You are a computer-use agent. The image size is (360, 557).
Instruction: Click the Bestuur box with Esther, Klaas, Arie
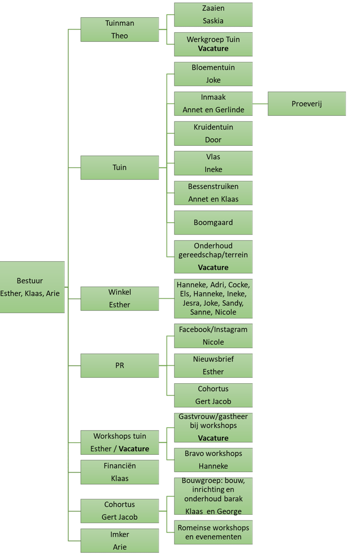coord(32,287)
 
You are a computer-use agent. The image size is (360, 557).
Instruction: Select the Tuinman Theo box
coord(120,29)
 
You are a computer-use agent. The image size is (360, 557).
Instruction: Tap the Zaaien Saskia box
coord(213,15)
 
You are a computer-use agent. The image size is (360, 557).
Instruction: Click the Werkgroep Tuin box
coord(213,44)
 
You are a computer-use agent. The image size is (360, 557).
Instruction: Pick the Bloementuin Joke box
coord(213,74)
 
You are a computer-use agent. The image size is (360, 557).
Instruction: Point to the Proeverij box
coord(307,104)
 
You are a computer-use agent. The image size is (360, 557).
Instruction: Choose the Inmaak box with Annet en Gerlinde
coord(213,104)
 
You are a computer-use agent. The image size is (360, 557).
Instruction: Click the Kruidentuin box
coord(213,133)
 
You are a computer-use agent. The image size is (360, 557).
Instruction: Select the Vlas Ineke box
coord(213,163)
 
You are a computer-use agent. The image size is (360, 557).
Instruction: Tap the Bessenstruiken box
coord(213,193)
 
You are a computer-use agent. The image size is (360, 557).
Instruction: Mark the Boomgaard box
coord(213,223)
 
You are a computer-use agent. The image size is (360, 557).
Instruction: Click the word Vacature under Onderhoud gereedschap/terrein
coord(213,267)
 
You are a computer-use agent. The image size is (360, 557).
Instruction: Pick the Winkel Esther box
coord(120,298)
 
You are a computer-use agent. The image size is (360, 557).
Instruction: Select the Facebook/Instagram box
coord(213,335)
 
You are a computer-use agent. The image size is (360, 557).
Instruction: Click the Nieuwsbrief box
coord(213,365)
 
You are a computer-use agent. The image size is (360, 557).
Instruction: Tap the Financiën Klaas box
coord(120,472)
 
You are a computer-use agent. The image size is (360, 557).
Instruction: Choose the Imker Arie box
coord(120,541)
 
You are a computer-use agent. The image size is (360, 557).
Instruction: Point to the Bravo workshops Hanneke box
coord(213,460)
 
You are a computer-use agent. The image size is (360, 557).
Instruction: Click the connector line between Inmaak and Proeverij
coord(260,104)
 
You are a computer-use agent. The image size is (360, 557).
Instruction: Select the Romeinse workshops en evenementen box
coord(213,532)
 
